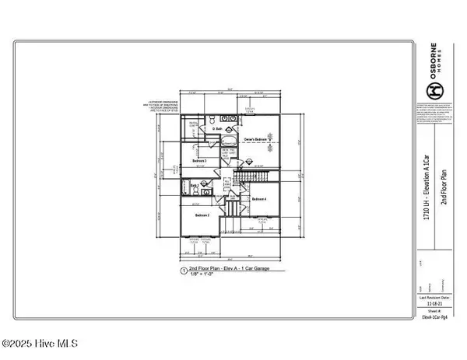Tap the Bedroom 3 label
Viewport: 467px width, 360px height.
(199, 160)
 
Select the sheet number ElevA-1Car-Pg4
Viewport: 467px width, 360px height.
(437, 317)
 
